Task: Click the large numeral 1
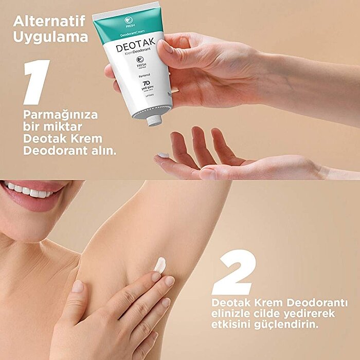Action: pos(37,82)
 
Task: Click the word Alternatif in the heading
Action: pos(49,22)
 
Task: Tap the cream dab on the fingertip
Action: pos(164,155)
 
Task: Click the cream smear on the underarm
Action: pos(160,265)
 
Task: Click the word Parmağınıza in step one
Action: pos(60,114)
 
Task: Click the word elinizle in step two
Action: pos(230,313)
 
